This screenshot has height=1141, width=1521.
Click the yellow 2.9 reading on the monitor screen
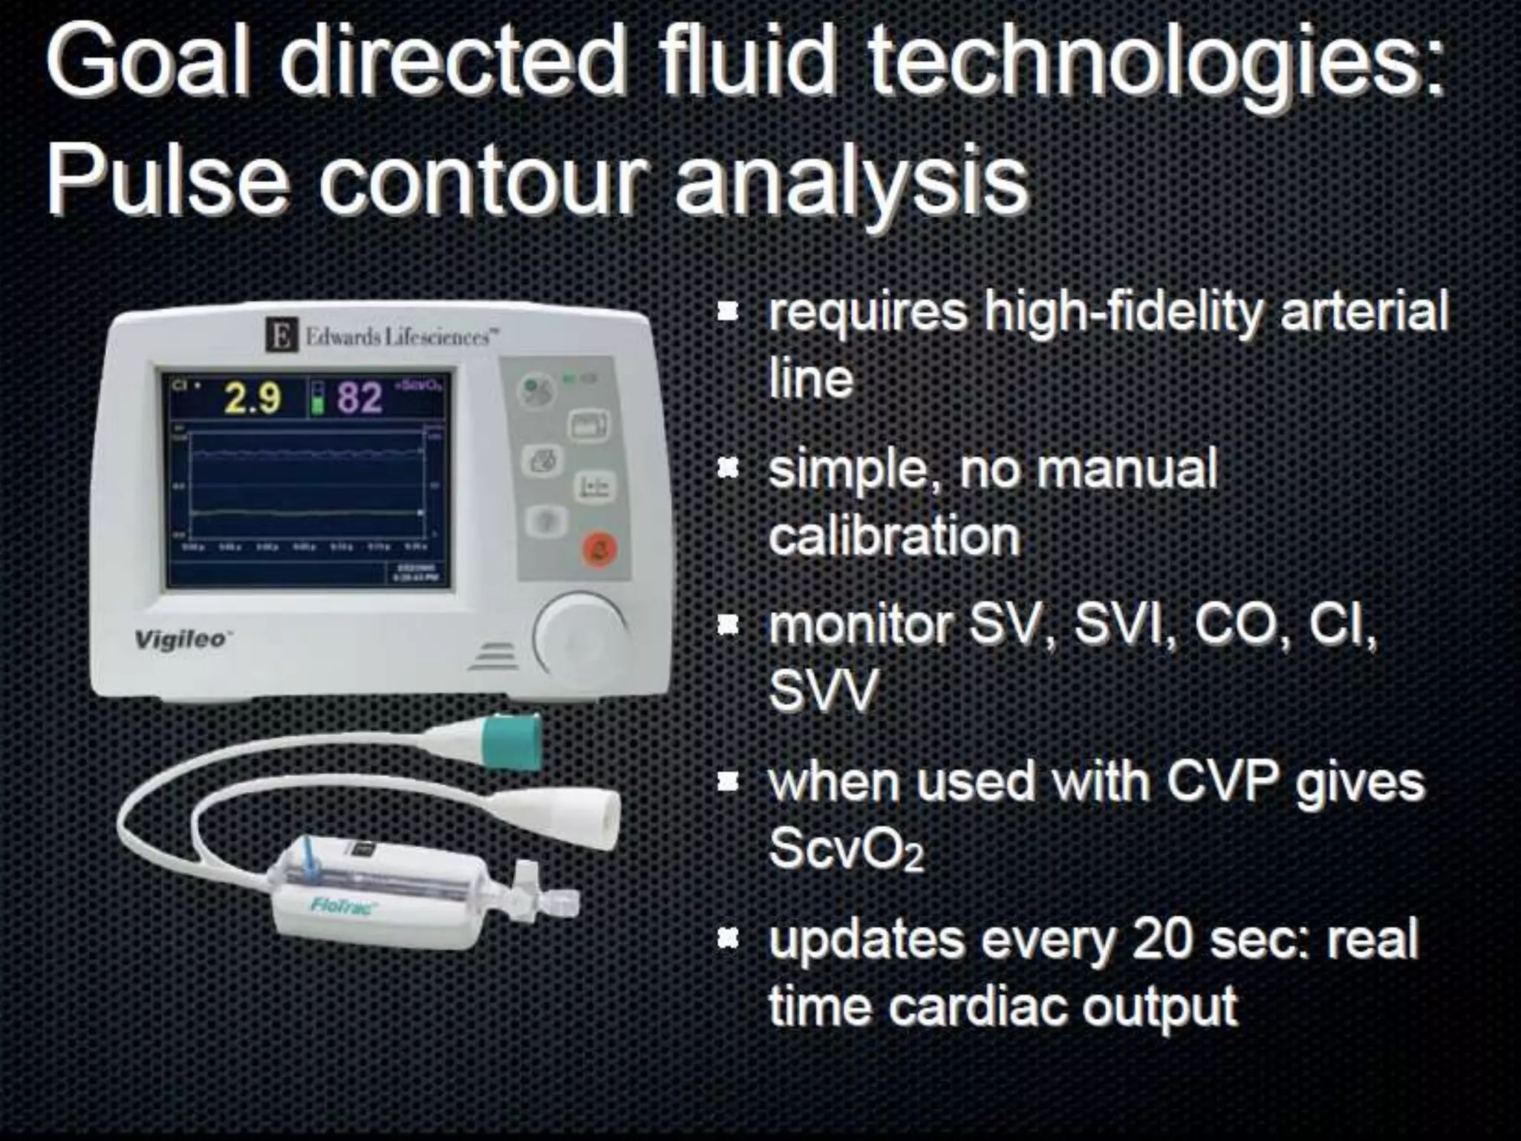coord(253,398)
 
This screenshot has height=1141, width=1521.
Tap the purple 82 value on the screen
coord(360,398)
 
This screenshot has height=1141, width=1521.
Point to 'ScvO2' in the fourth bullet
coord(846,849)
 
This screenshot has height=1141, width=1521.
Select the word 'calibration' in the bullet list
coord(894,536)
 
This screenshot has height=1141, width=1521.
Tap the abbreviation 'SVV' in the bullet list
coord(823,692)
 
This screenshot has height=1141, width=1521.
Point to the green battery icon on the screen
coord(317,398)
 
